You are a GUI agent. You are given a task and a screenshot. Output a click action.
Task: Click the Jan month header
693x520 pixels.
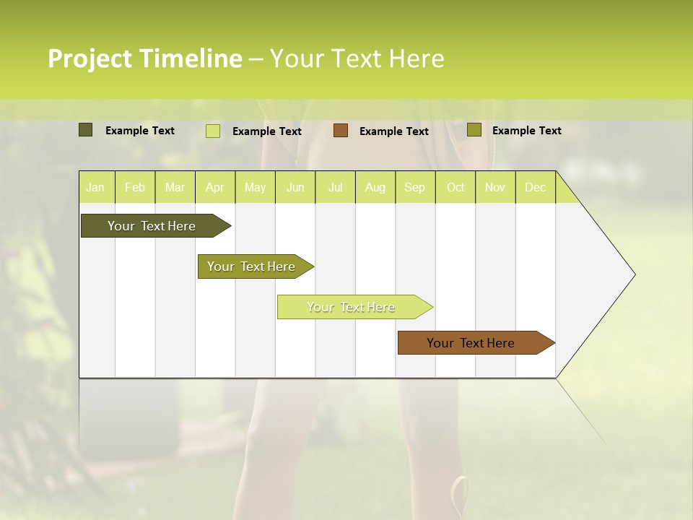pyautogui.click(x=95, y=187)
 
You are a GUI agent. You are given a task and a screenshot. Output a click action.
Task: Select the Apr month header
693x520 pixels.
pyautogui.click(x=214, y=187)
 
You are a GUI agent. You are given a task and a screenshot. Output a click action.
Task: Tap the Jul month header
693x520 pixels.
pyautogui.click(x=335, y=187)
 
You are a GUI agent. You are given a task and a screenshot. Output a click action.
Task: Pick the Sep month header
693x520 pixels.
pyautogui.click(x=414, y=187)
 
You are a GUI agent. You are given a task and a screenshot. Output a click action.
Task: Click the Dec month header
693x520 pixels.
pyautogui.click(x=535, y=187)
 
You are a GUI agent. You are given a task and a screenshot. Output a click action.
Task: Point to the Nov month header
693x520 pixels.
pyautogui.click(x=494, y=187)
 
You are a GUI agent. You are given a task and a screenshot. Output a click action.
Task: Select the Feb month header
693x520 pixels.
pyautogui.click(x=135, y=187)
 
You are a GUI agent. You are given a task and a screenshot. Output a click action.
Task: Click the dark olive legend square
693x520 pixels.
pyautogui.click(x=85, y=130)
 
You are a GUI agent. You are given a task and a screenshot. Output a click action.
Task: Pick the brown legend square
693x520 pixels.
pyautogui.click(x=341, y=130)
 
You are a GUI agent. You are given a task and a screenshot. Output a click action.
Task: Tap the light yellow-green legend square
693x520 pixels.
pyautogui.click(x=213, y=131)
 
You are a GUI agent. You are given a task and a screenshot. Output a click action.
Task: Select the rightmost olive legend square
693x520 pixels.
pyautogui.click(x=474, y=130)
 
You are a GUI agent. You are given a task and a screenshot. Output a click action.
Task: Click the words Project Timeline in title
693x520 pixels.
pyautogui.click(x=144, y=58)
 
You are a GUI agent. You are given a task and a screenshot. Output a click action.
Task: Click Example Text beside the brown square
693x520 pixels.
pyautogui.click(x=393, y=131)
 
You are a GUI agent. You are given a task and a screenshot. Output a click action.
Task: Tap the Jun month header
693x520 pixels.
pyautogui.click(x=295, y=187)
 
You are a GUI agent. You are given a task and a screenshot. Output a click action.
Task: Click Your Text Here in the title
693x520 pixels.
pyautogui.click(x=357, y=58)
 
